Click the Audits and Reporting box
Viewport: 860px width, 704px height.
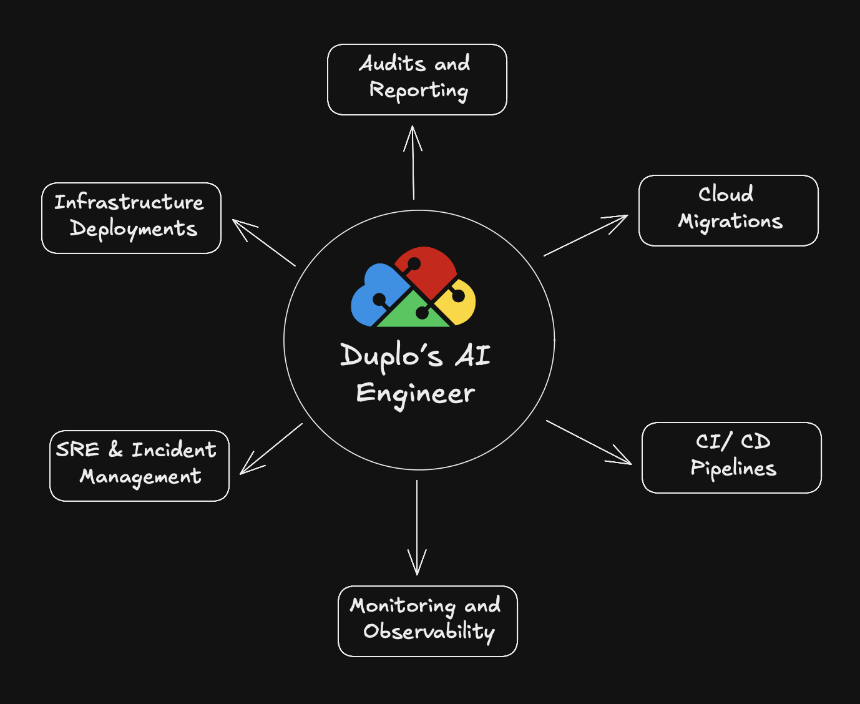tap(417, 79)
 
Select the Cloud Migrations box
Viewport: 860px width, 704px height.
tap(728, 210)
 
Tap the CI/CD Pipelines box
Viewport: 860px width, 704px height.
tap(731, 457)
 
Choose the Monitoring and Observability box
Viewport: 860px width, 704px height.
tap(428, 621)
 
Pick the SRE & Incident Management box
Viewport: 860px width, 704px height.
tap(139, 466)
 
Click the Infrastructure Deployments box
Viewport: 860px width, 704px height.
tap(131, 218)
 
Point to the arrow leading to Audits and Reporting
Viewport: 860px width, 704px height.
tap(413, 162)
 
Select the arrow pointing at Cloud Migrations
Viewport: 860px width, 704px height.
tap(585, 235)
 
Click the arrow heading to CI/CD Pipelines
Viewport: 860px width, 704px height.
tap(589, 442)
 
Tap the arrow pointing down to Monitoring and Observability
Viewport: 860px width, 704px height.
tap(417, 527)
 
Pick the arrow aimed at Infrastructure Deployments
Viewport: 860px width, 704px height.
tap(264, 243)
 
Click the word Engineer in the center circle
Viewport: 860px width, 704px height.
tap(416, 394)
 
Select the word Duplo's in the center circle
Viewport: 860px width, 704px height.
tap(391, 356)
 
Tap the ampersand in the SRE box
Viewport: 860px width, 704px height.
tap(115, 449)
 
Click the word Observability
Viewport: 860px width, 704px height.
tap(429, 632)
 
